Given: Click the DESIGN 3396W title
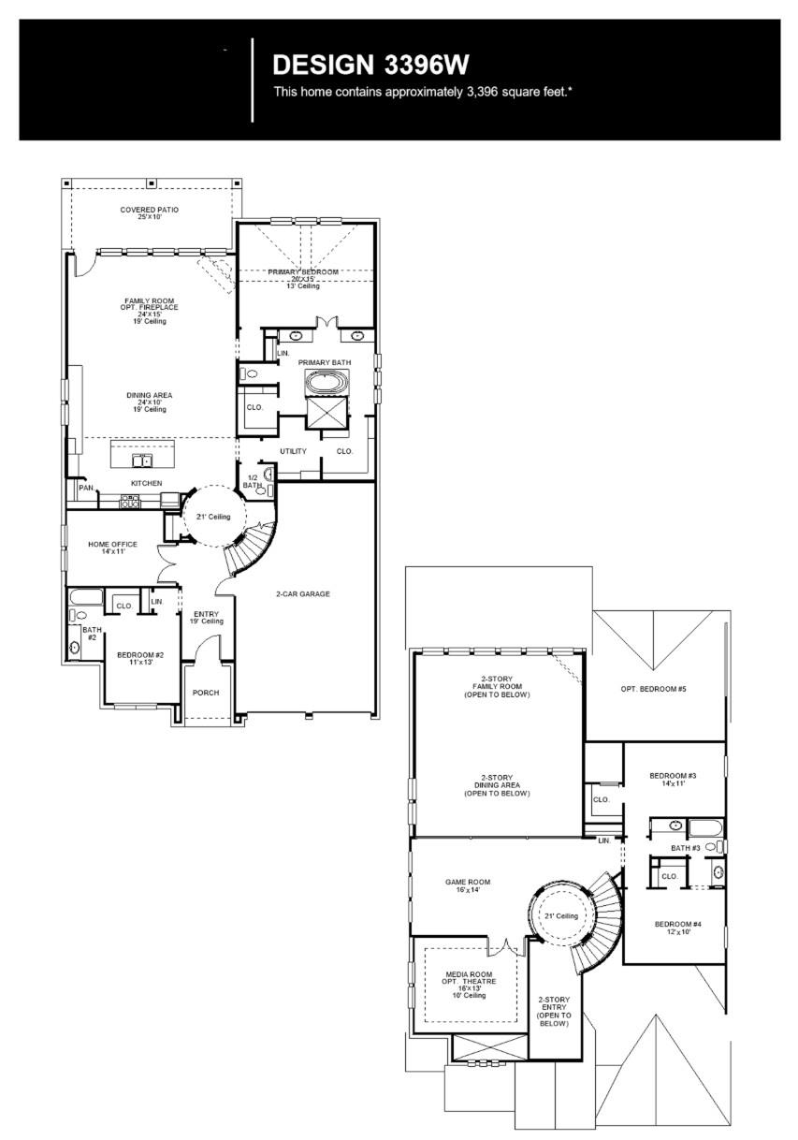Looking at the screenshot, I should (370, 65).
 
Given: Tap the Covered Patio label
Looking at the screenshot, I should (149, 213).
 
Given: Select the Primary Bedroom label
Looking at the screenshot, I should (303, 275).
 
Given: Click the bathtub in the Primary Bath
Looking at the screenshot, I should (326, 383).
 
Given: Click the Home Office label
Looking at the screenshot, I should (112, 548).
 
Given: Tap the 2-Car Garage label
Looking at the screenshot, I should (303, 593).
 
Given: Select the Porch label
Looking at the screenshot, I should (206, 694).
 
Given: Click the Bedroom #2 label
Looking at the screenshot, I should (140, 658).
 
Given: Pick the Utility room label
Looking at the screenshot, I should (293, 451).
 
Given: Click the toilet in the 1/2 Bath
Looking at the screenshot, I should (268, 475).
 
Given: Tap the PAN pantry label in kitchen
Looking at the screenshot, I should (86, 487).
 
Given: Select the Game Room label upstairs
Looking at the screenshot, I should (467, 885).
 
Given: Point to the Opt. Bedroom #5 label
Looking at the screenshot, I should (653, 689).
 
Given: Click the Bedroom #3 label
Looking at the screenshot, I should (673, 779).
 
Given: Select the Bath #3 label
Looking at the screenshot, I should (685, 848).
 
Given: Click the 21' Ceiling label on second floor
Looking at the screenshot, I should (561, 915).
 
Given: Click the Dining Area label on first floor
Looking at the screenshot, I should (150, 401).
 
